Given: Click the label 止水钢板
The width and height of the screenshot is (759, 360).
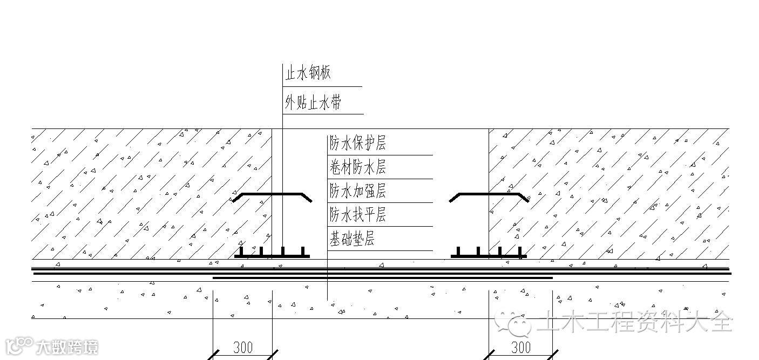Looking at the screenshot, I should tap(308, 73).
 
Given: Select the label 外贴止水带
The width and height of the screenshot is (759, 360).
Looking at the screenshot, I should tap(313, 103).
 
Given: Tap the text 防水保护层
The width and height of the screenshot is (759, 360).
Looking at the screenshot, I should tap(358, 144).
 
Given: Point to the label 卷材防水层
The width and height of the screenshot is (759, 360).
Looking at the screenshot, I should tap(358, 167).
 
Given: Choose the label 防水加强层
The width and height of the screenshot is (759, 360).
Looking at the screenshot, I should tap(358, 191).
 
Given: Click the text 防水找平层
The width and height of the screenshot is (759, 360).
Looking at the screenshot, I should tap(358, 215).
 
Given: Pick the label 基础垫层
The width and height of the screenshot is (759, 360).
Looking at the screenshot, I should tap(352, 239).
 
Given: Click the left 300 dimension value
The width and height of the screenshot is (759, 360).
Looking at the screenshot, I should tap(242, 347).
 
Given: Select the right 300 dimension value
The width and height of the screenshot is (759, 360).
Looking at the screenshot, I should tap(520, 347).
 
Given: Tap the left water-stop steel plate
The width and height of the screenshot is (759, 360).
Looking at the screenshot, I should tap(272, 194).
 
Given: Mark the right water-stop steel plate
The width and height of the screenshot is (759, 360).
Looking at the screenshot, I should tap(489, 194).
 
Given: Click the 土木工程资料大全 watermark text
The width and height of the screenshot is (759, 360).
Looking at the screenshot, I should tap(635, 323).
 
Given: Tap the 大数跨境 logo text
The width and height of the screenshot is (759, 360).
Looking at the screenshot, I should tap(67, 347).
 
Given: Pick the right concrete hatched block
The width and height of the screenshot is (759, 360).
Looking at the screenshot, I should tap(610, 194).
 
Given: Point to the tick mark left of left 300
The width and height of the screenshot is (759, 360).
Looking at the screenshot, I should tap(214, 355).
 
